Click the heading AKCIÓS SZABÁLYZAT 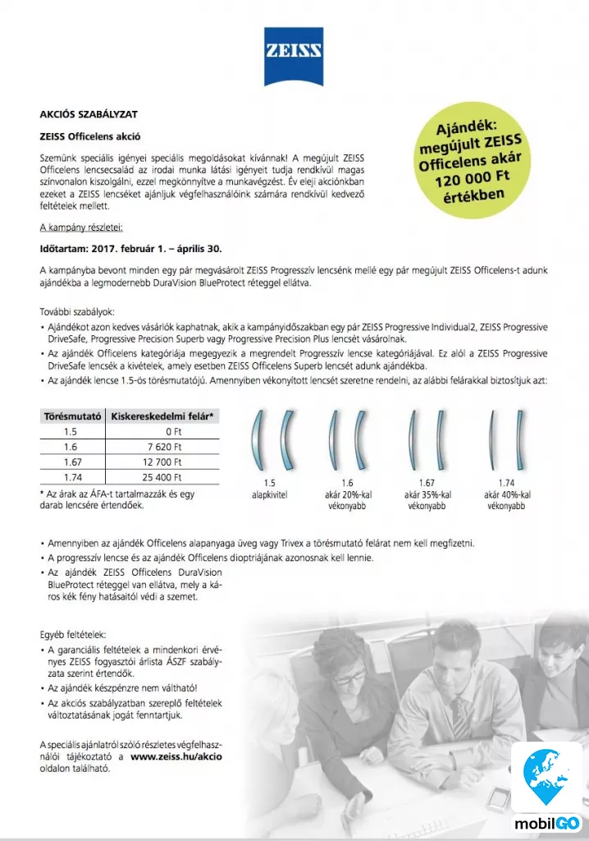[78, 114]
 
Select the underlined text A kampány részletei [81, 227]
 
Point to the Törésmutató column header [71, 416]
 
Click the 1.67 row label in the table [71, 462]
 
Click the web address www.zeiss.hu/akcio [176, 756]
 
